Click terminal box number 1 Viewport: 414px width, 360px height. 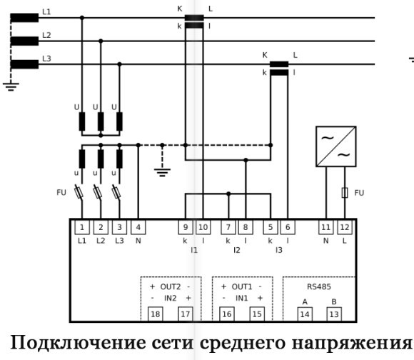coord(82,227)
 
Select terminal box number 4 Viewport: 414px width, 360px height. coord(138,227)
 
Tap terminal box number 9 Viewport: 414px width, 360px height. coord(185,227)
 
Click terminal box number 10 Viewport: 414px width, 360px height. coord(203,227)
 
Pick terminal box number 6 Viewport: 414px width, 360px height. coord(288,227)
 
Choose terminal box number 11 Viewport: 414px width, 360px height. coord(325,227)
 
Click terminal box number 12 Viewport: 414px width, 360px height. coord(344,227)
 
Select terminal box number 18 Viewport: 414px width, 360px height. coord(156,314)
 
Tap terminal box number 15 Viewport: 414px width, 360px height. coord(256,314)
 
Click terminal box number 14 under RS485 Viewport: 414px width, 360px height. coord(304,314)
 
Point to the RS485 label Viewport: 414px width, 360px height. coord(318,286)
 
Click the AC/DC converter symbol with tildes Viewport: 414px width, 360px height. coord(335,146)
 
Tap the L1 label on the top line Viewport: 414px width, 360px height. coord(47,12)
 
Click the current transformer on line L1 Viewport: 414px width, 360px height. coord(194,21)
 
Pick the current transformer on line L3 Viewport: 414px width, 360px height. coord(279,67)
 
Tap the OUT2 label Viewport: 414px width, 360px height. coord(171,286)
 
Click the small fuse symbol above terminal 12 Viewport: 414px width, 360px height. coord(344,193)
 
